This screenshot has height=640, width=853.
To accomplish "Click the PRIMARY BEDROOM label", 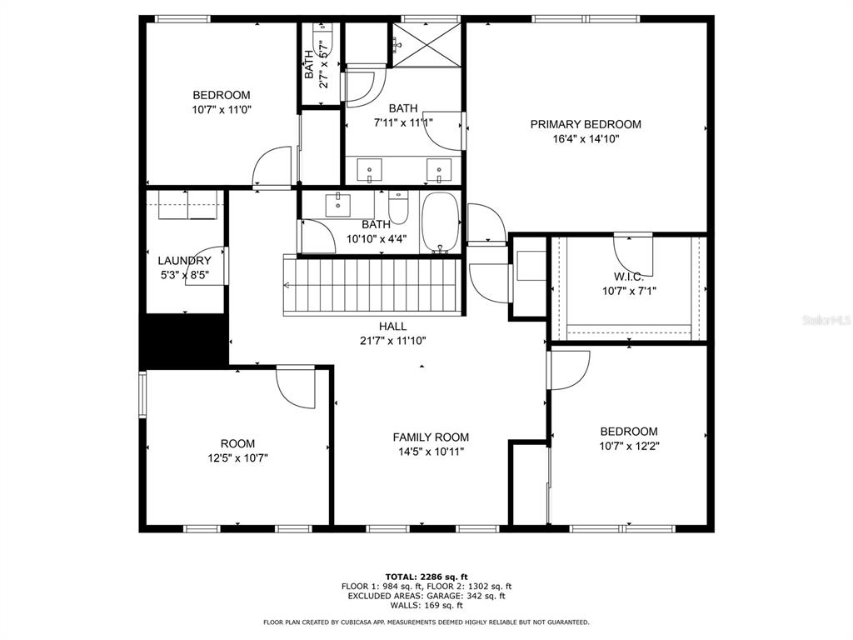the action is [x=586, y=124].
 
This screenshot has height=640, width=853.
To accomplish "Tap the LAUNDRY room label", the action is [x=184, y=261].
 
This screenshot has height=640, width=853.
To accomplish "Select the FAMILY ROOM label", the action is [x=431, y=437].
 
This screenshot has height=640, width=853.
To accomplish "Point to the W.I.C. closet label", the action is [x=629, y=277].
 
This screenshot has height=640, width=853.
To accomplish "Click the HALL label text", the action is [x=393, y=327].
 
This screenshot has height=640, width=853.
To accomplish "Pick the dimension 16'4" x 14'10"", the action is [x=586, y=139].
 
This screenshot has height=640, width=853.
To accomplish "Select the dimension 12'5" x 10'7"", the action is [x=237, y=458].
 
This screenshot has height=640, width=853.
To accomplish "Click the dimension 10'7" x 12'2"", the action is [x=630, y=447].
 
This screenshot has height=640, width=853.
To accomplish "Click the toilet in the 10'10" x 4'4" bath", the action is [x=398, y=207].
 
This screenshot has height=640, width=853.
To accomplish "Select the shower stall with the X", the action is [x=426, y=44].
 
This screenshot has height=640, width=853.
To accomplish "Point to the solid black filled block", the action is [x=184, y=341].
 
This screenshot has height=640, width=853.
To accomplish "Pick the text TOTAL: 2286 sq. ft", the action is [x=426, y=577].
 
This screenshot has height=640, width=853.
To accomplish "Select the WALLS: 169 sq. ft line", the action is [x=426, y=605].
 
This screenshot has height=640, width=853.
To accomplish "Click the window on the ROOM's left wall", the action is [x=142, y=394].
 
